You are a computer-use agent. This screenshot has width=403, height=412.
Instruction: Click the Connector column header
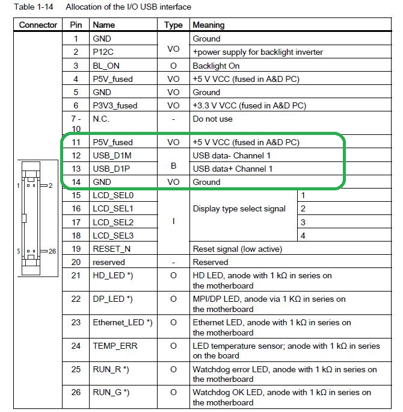tap(38, 25)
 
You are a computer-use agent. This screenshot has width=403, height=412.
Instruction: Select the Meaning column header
tap(208, 25)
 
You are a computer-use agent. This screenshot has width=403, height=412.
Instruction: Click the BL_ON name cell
tap(106, 66)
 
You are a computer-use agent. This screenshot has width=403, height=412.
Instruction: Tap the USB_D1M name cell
tap(111, 155)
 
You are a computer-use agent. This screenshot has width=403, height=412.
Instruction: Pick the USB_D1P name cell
tap(111, 169)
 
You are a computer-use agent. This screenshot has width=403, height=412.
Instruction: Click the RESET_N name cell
tap(112, 249)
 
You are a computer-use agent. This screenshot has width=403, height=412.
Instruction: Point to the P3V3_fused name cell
tap(115, 105)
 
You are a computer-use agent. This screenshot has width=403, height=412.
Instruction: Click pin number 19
tap(76, 249)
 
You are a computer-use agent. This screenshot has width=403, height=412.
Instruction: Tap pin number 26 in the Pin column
tap(76, 393)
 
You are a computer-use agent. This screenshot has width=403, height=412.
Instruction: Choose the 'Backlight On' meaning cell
tap(216, 66)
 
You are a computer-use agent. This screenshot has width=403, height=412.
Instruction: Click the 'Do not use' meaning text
tap(212, 119)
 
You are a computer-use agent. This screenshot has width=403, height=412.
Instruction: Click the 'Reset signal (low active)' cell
tap(237, 249)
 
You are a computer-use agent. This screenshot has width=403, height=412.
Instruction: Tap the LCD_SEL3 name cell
tap(113, 236)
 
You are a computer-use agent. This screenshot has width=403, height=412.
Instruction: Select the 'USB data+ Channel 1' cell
tap(232, 169)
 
